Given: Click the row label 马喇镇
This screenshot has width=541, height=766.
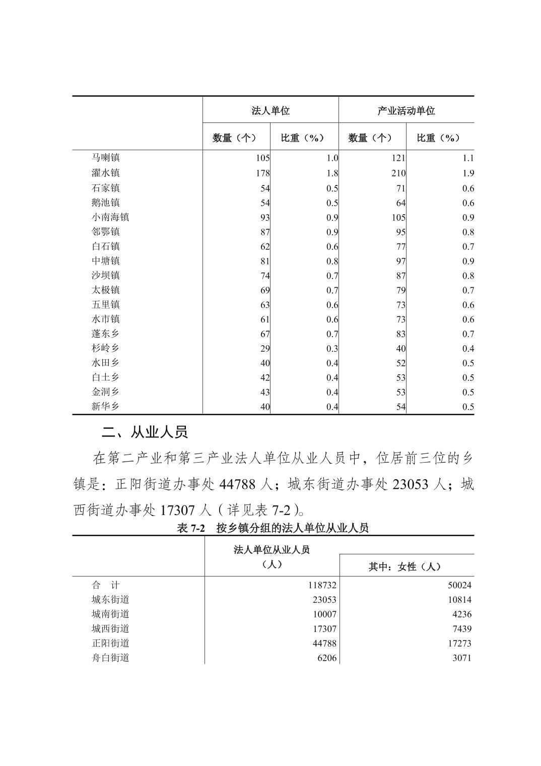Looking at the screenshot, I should pos(106,158).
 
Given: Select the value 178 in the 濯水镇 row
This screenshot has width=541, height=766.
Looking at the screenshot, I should pos(262,173).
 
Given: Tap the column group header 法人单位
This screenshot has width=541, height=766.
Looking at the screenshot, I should pos(270,110).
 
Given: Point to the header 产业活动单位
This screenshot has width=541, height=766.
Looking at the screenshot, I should pos(406,110).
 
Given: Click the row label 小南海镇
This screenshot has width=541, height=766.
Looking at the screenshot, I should pos(110,217).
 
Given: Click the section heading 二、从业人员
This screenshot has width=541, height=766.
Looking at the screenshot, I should pos(144,432).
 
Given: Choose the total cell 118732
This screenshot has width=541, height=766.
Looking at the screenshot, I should pos(322,585).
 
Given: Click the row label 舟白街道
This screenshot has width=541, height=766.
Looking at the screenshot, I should pos(110,658).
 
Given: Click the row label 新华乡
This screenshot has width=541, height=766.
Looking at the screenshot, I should pos(106,406).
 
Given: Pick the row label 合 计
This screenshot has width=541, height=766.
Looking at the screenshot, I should pos(106,585).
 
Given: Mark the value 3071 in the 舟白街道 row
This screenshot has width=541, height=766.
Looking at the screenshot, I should pos(461,658).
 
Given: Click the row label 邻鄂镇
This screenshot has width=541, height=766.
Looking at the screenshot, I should pos(106,232).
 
